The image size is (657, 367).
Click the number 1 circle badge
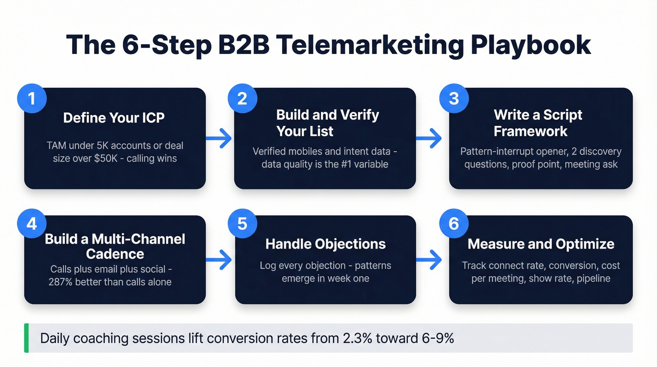coord(32,99)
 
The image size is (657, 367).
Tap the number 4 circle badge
coord(32,224)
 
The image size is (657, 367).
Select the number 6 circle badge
coord(453,224)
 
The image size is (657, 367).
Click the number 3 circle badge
coord(453,99)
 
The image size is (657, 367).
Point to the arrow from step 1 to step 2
coord(220,138)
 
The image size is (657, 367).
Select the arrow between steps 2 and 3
coord(430,138)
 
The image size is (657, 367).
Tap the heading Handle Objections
coord(325,244)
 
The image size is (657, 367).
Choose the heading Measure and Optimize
coord(541,244)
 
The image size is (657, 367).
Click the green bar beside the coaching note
coord(26,338)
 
